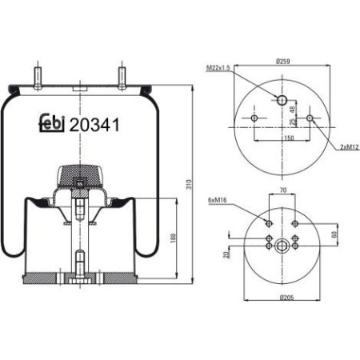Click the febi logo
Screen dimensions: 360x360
click(x=53, y=124)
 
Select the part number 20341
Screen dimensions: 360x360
click(x=96, y=124)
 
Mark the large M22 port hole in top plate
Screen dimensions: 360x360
click(x=281, y=98)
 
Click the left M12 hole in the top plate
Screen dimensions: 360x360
click(x=254, y=119)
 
